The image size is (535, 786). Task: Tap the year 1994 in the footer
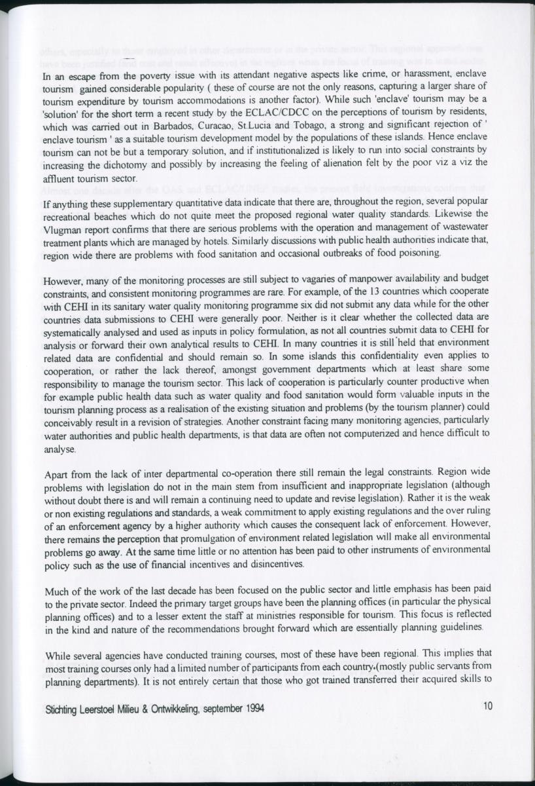pyautogui.click(x=254, y=707)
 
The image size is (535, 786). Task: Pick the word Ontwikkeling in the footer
pyautogui.click(x=167, y=707)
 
